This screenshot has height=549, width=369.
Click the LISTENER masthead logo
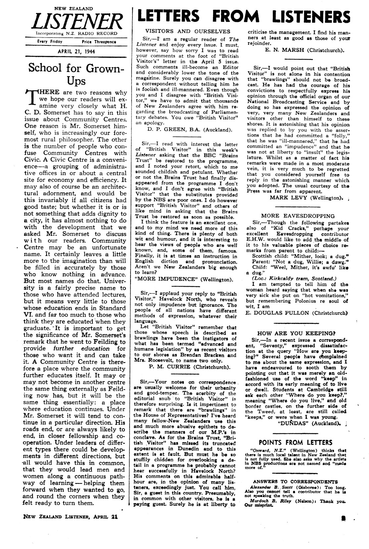click(76, 21)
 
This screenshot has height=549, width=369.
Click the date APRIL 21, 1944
click(76, 52)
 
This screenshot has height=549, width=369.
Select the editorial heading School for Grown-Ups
click(76, 74)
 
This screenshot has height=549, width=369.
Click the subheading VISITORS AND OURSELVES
click(188, 31)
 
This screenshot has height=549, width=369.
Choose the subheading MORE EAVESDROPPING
click(298, 216)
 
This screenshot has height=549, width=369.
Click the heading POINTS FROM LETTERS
click(295, 443)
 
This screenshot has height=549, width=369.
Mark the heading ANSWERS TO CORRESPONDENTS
click(295, 481)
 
